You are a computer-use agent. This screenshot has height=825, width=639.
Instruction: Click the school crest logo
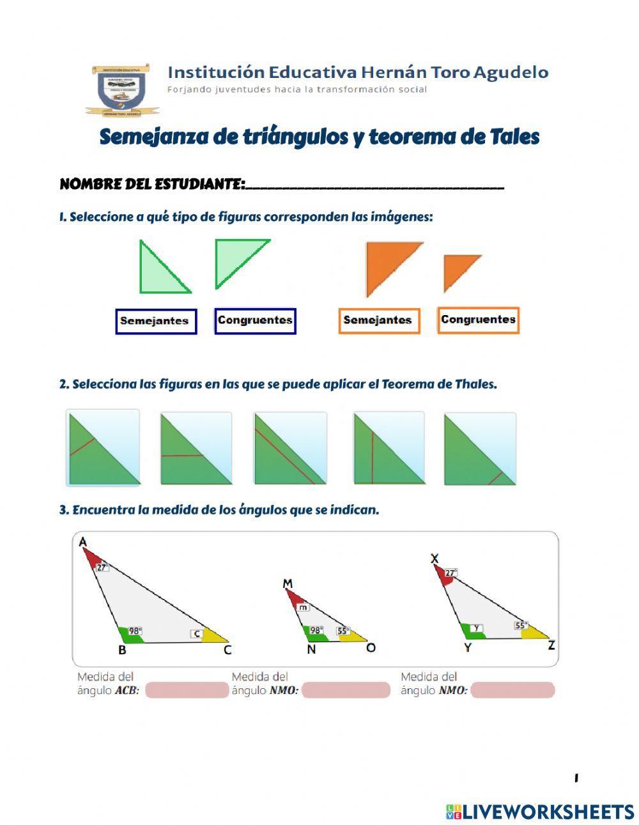[x=119, y=89]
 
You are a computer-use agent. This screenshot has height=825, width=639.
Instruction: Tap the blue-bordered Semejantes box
[x=156, y=321]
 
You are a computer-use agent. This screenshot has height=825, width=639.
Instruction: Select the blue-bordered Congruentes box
[x=255, y=320]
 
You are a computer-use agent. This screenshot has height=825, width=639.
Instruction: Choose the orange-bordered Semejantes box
[x=378, y=320]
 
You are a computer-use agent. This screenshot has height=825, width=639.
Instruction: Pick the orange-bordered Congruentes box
[x=478, y=320]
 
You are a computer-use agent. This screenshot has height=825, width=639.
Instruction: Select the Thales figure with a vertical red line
[x=389, y=447]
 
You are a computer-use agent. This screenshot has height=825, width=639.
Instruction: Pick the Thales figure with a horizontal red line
[x=196, y=448]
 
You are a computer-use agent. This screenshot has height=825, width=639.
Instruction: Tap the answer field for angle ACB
[x=187, y=690]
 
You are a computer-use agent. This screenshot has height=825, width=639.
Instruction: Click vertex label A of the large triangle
[x=82, y=542]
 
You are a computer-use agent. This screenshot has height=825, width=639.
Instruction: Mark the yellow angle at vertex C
[x=215, y=636]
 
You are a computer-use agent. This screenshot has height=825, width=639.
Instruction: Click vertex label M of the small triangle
[x=288, y=583]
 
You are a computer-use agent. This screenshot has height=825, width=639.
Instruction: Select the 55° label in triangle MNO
[x=343, y=631]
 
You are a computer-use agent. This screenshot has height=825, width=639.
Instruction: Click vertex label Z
[x=551, y=645]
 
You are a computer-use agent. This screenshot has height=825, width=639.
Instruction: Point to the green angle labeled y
[x=473, y=630]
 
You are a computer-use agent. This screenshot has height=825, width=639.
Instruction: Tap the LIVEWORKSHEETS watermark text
[x=548, y=812]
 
